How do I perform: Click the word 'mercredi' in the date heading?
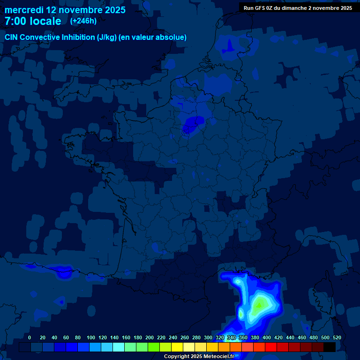click(24, 10)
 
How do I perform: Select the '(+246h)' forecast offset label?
click(83, 21)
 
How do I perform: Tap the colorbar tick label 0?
click(30, 337)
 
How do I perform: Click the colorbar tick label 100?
click(91, 337)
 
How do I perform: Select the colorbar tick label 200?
click(150, 337)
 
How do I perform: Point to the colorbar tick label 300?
click(208, 337)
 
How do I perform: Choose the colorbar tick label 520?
click(337, 337)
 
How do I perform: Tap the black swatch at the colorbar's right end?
click(330, 347)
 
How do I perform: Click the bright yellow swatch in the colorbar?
click(177, 347)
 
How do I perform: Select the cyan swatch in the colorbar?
click(119, 347)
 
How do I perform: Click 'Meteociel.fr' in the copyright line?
click(218, 357)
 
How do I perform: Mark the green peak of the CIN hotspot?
click(258, 305)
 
